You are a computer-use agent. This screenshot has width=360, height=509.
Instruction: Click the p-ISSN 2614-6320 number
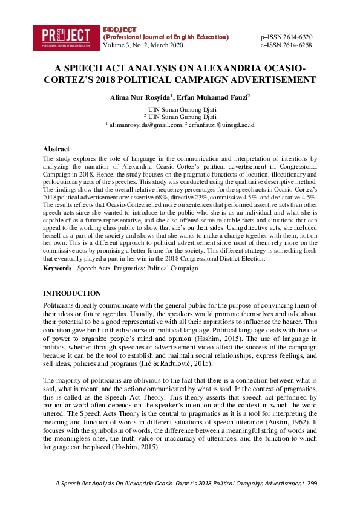click(x=286, y=37)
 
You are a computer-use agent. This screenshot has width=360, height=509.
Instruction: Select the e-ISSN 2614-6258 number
click(x=286, y=45)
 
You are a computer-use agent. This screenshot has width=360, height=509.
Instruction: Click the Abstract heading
click(x=56, y=149)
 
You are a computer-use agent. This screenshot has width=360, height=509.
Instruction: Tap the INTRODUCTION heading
click(x=72, y=293)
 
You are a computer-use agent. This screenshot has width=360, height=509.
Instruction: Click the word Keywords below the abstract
click(x=57, y=267)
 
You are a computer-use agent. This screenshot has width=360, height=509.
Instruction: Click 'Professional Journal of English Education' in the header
click(x=166, y=37)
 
